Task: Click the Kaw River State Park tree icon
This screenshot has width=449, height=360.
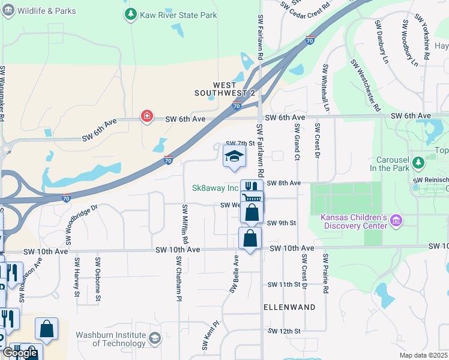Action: pos(130,14)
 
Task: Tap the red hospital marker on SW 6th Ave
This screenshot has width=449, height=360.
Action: pos(146,116)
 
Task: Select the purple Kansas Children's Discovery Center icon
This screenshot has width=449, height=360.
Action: pos(395,221)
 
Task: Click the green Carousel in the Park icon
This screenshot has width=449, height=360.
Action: pos(431,161)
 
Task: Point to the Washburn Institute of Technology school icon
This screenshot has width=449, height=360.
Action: pos(155,339)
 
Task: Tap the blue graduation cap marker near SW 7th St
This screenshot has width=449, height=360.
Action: pos(234,157)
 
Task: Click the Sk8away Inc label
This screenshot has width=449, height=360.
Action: pos(215,188)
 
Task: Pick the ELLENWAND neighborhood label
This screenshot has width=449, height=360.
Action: pos(289,307)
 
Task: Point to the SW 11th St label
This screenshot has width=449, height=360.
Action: pos(283,284)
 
